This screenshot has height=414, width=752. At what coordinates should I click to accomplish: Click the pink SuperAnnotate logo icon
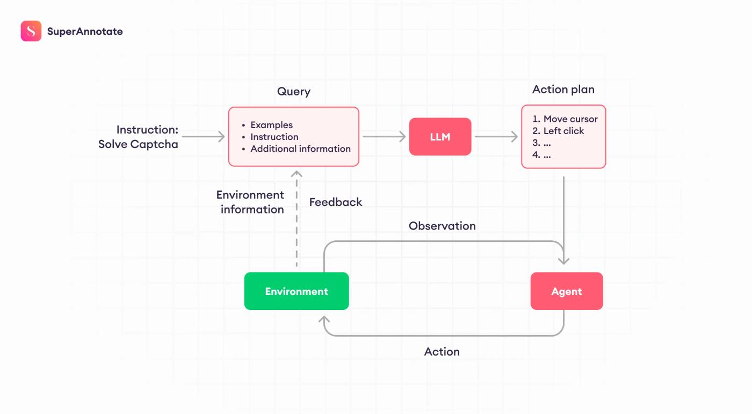[x=31, y=31]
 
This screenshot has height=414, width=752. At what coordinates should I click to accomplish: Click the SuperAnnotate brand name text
[x=85, y=32]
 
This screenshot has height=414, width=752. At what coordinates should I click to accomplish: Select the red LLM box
[x=440, y=136]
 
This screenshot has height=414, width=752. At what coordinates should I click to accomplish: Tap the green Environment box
[x=297, y=291]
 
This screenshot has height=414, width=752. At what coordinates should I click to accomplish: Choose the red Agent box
[x=567, y=291]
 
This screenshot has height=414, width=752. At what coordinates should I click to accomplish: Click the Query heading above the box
[x=294, y=91]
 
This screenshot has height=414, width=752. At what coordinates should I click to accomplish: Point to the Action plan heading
[x=563, y=90]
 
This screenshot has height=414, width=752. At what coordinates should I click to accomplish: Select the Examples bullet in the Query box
[x=271, y=125]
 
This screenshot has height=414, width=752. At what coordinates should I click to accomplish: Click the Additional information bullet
[x=300, y=149]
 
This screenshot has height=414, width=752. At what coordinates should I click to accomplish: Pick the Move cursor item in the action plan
[x=570, y=119]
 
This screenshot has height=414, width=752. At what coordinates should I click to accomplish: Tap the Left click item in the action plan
[x=563, y=131]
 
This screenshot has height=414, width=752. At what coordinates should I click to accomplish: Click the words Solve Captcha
[x=138, y=144]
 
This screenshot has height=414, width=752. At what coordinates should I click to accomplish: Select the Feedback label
[x=335, y=202]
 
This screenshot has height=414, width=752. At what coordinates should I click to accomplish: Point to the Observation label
[x=442, y=226]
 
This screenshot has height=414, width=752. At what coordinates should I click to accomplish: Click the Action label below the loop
[x=442, y=352]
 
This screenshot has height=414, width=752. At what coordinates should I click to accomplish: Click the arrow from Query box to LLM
[x=384, y=136]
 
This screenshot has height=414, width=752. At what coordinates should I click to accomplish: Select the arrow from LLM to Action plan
[x=496, y=136]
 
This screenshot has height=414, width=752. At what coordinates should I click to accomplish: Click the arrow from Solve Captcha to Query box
[x=203, y=136]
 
